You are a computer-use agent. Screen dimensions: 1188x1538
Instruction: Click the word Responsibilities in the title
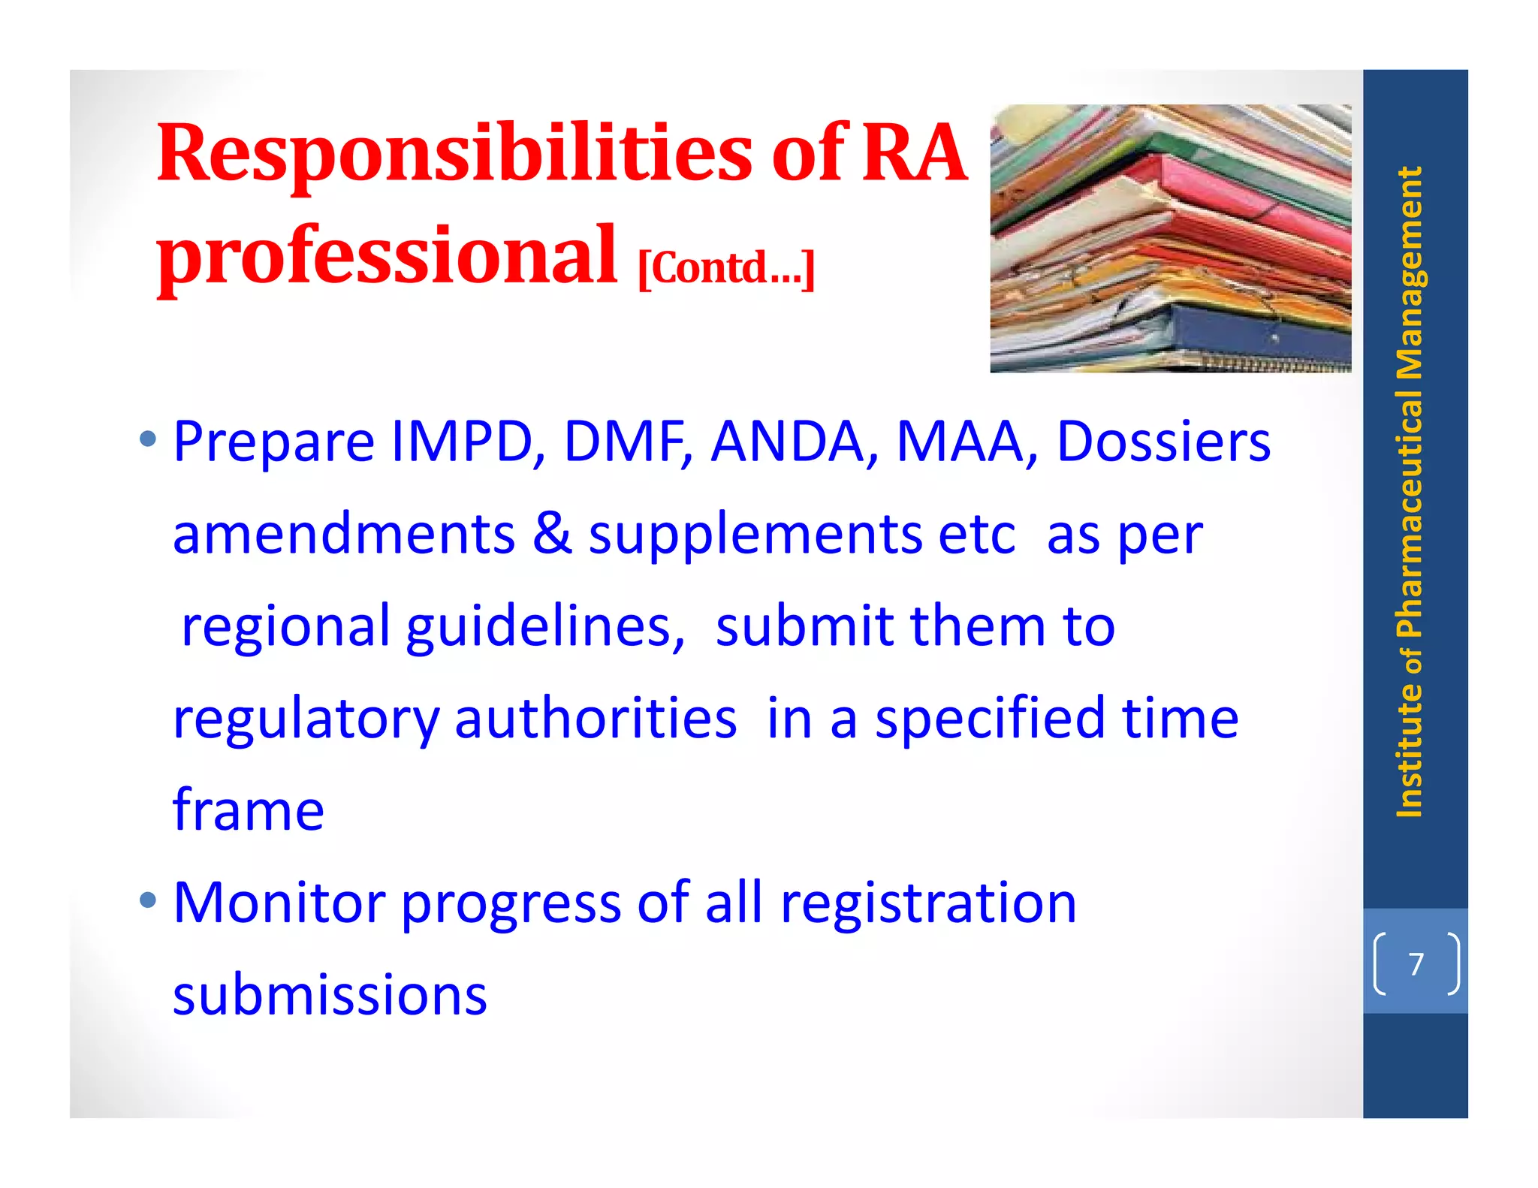[454, 154]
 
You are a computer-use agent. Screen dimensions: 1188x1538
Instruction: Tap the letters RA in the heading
[914, 154]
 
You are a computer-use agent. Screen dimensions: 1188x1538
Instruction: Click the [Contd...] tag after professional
[725, 268]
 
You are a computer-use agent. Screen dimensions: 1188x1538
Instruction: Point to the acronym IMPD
[462, 441]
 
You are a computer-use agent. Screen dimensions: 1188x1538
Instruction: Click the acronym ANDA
[787, 441]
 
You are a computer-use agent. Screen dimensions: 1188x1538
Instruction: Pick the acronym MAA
[960, 441]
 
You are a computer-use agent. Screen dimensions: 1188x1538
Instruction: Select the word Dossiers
[1163, 441]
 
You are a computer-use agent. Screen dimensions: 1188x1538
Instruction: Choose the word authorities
[596, 719]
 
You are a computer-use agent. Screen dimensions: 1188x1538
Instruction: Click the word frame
[249, 811]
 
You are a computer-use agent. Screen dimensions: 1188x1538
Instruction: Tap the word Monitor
[279, 903]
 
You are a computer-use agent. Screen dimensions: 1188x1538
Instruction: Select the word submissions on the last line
[330, 995]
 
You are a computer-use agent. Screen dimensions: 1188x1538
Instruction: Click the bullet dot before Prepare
[148, 439]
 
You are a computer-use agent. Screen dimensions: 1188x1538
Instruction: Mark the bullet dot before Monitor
[148, 900]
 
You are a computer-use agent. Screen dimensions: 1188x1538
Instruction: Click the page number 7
[1416, 963]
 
